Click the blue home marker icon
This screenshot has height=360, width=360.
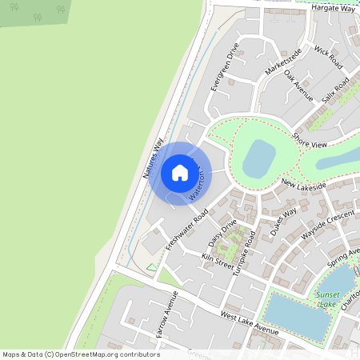tap(179, 172)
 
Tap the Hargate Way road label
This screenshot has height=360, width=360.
tap(333, 8)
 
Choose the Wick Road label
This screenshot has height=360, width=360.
tap(328, 56)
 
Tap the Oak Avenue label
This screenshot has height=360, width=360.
tap(298, 86)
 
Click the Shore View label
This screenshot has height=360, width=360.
tap(310, 141)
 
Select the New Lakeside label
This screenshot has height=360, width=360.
tap(303, 186)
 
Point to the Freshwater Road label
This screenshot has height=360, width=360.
tap(186, 230)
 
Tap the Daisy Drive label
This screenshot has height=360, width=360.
tap(222, 234)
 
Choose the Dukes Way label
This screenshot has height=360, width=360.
tap(283, 221)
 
